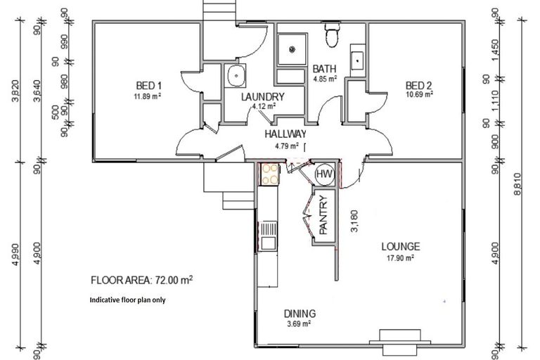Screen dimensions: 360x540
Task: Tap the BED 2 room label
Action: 418,86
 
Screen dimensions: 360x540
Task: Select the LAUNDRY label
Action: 262,97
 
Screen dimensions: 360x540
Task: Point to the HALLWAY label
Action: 285,134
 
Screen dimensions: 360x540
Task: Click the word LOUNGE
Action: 401,247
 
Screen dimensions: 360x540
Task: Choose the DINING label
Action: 300,314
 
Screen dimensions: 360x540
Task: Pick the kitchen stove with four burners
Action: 269,174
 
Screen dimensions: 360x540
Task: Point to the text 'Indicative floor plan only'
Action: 127,299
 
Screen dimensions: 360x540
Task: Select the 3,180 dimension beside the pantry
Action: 354,221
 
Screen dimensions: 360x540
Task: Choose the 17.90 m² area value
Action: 400,258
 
